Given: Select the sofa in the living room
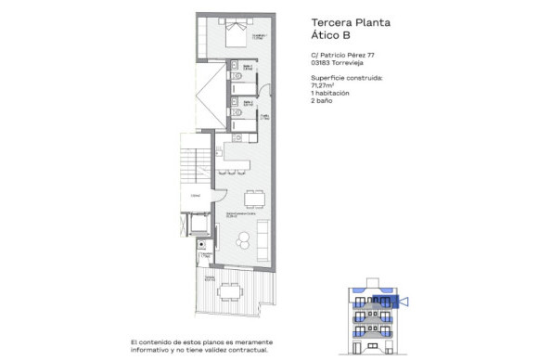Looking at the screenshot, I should [263, 241].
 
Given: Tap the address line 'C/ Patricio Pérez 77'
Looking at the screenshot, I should [343, 56].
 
